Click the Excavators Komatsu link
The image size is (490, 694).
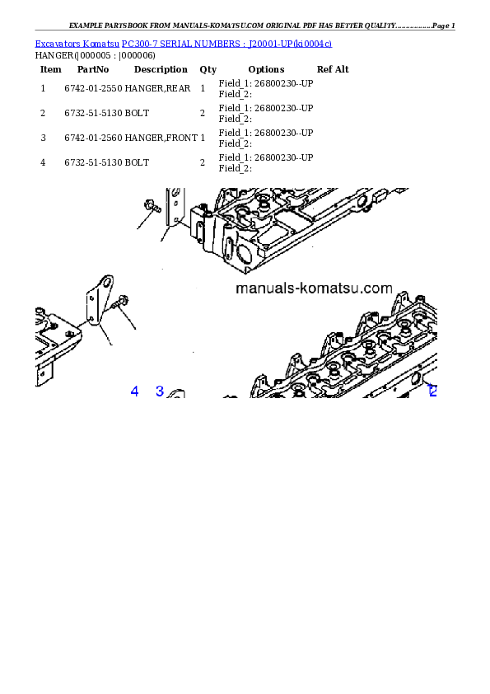point(77,44)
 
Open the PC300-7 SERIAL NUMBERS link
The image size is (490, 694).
point(226,44)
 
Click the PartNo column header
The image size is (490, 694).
point(93,69)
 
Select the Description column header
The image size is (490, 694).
point(161,69)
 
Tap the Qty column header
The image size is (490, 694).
point(208,69)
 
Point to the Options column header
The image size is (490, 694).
point(266,69)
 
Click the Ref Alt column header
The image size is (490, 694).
point(333,69)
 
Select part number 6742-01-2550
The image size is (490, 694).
point(93,88)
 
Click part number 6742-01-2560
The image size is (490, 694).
point(93,138)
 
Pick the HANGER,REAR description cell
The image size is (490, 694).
point(157,88)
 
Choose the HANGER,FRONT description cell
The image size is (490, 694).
point(161,138)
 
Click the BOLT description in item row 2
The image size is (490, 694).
point(137,113)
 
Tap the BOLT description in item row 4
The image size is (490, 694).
point(137,163)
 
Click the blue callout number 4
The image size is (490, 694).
point(134,392)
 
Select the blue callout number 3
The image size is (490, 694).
point(160,392)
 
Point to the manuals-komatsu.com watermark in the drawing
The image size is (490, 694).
point(314,288)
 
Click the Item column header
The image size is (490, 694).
point(51,69)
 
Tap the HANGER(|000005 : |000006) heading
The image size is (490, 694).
point(95,56)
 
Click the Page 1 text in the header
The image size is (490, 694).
point(444,26)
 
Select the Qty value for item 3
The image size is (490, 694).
point(203,138)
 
